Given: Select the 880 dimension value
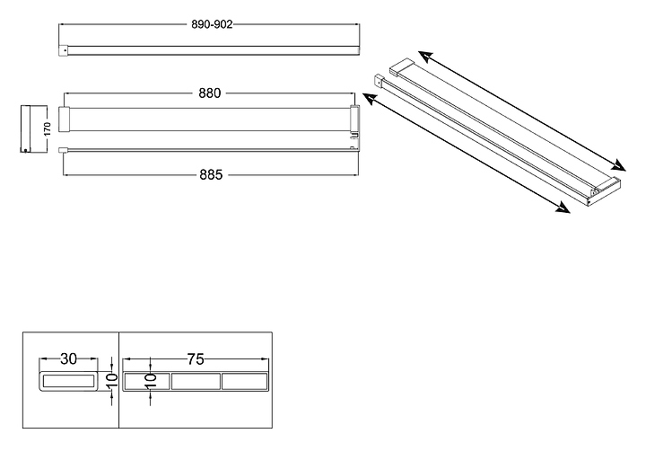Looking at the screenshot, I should tap(210, 93).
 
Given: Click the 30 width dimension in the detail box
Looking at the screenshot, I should tap(68, 358).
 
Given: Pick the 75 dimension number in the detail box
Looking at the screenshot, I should tap(195, 358).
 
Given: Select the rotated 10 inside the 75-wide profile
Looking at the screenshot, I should tap(151, 381).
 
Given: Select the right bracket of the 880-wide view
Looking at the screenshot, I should tap(355, 119).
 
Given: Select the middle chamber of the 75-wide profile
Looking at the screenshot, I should tap(195, 382).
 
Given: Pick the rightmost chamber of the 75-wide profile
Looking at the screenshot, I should tap(244, 382).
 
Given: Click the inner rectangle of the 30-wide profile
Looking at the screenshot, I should tap(68, 382).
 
